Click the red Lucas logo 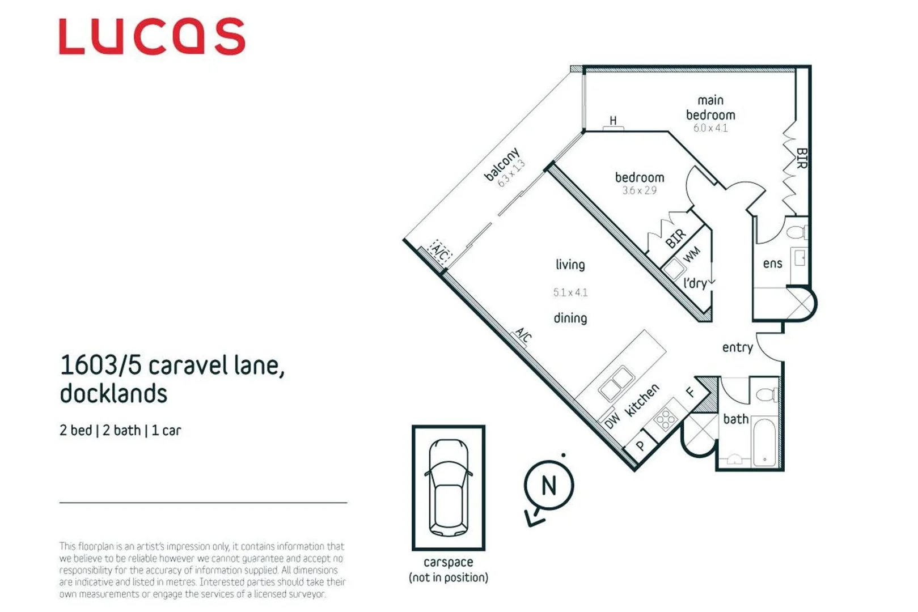(x=152, y=36)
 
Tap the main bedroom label (x=710, y=108)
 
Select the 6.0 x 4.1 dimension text (x=710, y=128)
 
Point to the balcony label (x=502, y=164)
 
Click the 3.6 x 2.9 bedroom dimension (x=640, y=190)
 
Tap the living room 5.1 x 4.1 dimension (x=570, y=292)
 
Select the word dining (x=570, y=318)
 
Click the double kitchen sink (x=616, y=382)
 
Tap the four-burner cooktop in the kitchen (x=666, y=419)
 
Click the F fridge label (x=691, y=392)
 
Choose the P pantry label (x=641, y=445)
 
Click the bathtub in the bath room (x=765, y=443)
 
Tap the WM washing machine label (x=692, y=255)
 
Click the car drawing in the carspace (x=449, y=487)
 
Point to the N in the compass (x=549, y=486)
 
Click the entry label (x=737, y=347)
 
